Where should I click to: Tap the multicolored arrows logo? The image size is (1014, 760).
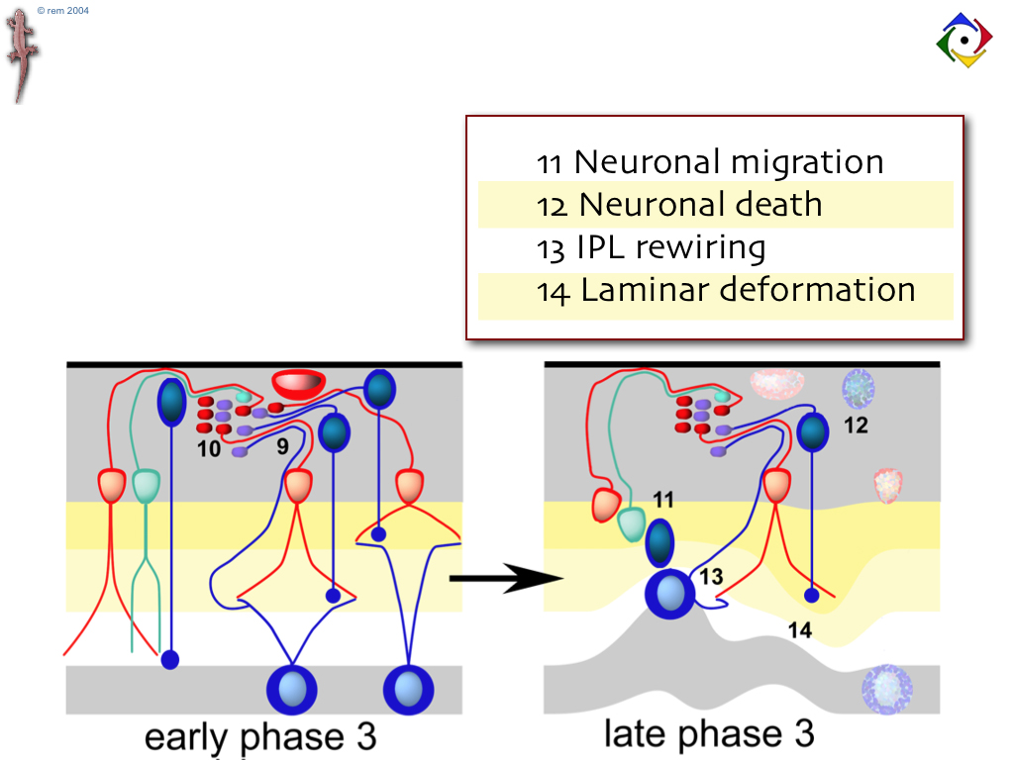[x=963, y=41]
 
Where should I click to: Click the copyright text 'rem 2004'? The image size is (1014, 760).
[x=62, y=10]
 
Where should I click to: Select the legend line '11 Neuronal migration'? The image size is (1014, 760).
[x=709, y=161]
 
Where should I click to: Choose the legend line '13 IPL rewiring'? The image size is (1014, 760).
[x=651, y=247]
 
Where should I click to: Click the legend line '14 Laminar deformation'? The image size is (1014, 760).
[x=725, y=291]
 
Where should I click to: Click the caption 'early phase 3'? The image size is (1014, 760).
[x=260, y=737]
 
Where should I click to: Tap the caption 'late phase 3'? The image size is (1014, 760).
[x=709, y=733]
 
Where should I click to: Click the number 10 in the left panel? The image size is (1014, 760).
[x=208, y=448]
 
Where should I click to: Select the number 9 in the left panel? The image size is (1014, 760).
[x=282, y=447]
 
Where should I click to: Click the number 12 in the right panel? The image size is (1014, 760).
[x=857, y=426]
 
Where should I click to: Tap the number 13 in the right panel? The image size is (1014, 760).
[x=712, y=577]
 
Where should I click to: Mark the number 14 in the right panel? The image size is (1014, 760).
[x=799, y=629]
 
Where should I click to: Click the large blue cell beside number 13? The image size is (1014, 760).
[x=669, y=595]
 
